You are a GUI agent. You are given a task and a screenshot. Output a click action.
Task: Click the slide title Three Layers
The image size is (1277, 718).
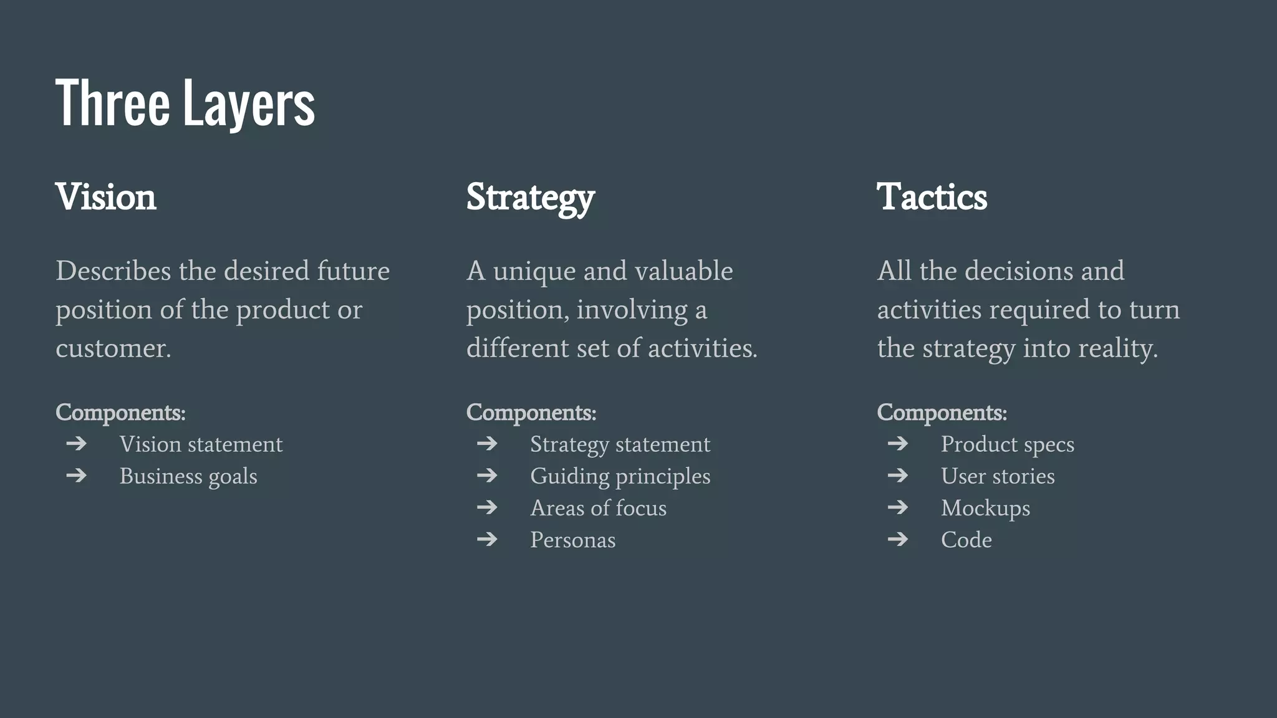click(185, 103)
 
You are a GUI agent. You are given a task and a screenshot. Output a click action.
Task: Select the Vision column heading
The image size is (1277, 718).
click(106, 197)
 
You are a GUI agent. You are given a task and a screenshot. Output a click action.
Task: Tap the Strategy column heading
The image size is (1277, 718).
click(531, 198)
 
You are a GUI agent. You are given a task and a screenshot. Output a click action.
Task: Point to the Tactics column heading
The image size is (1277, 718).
click(932, 197)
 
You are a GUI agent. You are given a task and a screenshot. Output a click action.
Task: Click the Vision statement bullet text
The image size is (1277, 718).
click(201, 444)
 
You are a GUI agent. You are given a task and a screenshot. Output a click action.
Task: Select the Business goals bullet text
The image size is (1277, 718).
click(188, 476)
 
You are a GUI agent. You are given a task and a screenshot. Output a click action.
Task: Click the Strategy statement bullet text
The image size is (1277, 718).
click(620, 444)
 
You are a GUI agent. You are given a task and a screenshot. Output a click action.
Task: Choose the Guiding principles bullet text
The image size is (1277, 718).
click(620, 476)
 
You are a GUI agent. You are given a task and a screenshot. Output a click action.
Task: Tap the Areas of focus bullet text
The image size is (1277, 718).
click(598, 508)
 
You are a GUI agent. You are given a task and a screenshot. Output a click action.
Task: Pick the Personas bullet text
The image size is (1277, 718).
click(572, 540)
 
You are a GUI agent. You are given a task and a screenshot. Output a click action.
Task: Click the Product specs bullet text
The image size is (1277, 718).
click(1007, 444)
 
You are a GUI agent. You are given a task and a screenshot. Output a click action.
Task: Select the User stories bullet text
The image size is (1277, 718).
click(998, 476)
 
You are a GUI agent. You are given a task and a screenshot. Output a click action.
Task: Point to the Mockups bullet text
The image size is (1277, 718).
click(985, 508)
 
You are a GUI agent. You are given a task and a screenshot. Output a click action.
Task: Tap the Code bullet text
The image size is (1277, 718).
click(966, 540)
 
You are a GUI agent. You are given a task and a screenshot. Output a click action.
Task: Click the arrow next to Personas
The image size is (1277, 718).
click(487, 538)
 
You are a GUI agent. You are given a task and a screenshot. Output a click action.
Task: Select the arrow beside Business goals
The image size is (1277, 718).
click(76, 476)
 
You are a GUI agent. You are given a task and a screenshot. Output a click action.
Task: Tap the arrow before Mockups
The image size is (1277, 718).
click(898, 507)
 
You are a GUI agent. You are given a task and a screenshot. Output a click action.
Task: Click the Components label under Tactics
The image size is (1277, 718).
click(942, 413)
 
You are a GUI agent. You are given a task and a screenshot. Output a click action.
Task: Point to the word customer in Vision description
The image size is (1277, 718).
click(112, 348)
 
